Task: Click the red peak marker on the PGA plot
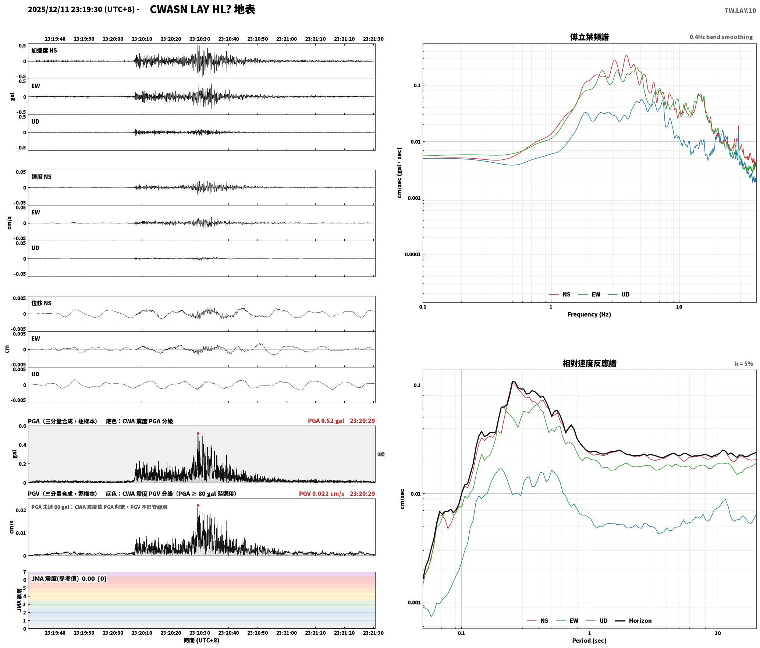click(x=198, y=433)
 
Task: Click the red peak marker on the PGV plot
click(x=198, y=505)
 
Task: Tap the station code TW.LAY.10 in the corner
click(x=740, y=11)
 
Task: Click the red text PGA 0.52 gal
click(x=326, y=420)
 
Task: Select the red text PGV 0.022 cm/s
click(x=322, y=493)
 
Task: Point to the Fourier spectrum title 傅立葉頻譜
click(x=589, y=37)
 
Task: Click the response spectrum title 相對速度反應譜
click(x=589, y=363)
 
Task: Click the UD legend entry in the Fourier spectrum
click(x=619, y=294)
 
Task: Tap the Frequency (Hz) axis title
click(x=589, y=314)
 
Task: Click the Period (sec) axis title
click(x=589, y=640)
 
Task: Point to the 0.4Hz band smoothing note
click(x=721, y=37)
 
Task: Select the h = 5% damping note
click(x=744, y=363)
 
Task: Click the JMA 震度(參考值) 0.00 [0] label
click(x=69, y=578)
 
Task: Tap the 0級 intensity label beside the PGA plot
click(x=381, y=454)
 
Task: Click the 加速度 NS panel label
click(x=44, y=50)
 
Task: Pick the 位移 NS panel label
click(x=41, y=303)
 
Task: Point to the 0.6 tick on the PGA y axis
click(x=22, y=426)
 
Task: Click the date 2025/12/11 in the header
click(x=48, y=10)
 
